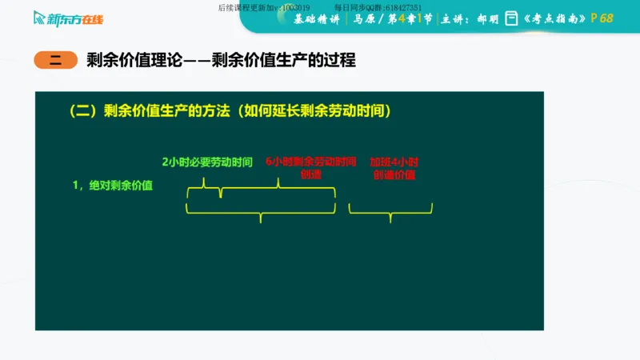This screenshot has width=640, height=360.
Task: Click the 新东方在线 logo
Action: (x=70, y=18)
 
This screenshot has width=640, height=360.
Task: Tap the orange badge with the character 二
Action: (x=55, y=61)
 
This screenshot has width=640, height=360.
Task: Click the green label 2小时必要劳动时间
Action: (x=207, y=162)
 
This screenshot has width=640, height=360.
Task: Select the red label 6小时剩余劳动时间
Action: (x=310, y=162)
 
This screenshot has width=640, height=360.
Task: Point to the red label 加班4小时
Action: (x=394, y=162)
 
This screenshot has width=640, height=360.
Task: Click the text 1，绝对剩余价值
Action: (x=113, y=186)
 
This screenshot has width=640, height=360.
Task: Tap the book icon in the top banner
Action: (x=511, y=18)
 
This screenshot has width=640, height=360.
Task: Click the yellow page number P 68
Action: (x=602, y=18)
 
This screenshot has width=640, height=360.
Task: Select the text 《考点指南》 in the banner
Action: (x=554, y=18)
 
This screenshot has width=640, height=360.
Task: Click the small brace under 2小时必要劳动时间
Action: (x=203, y=186)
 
